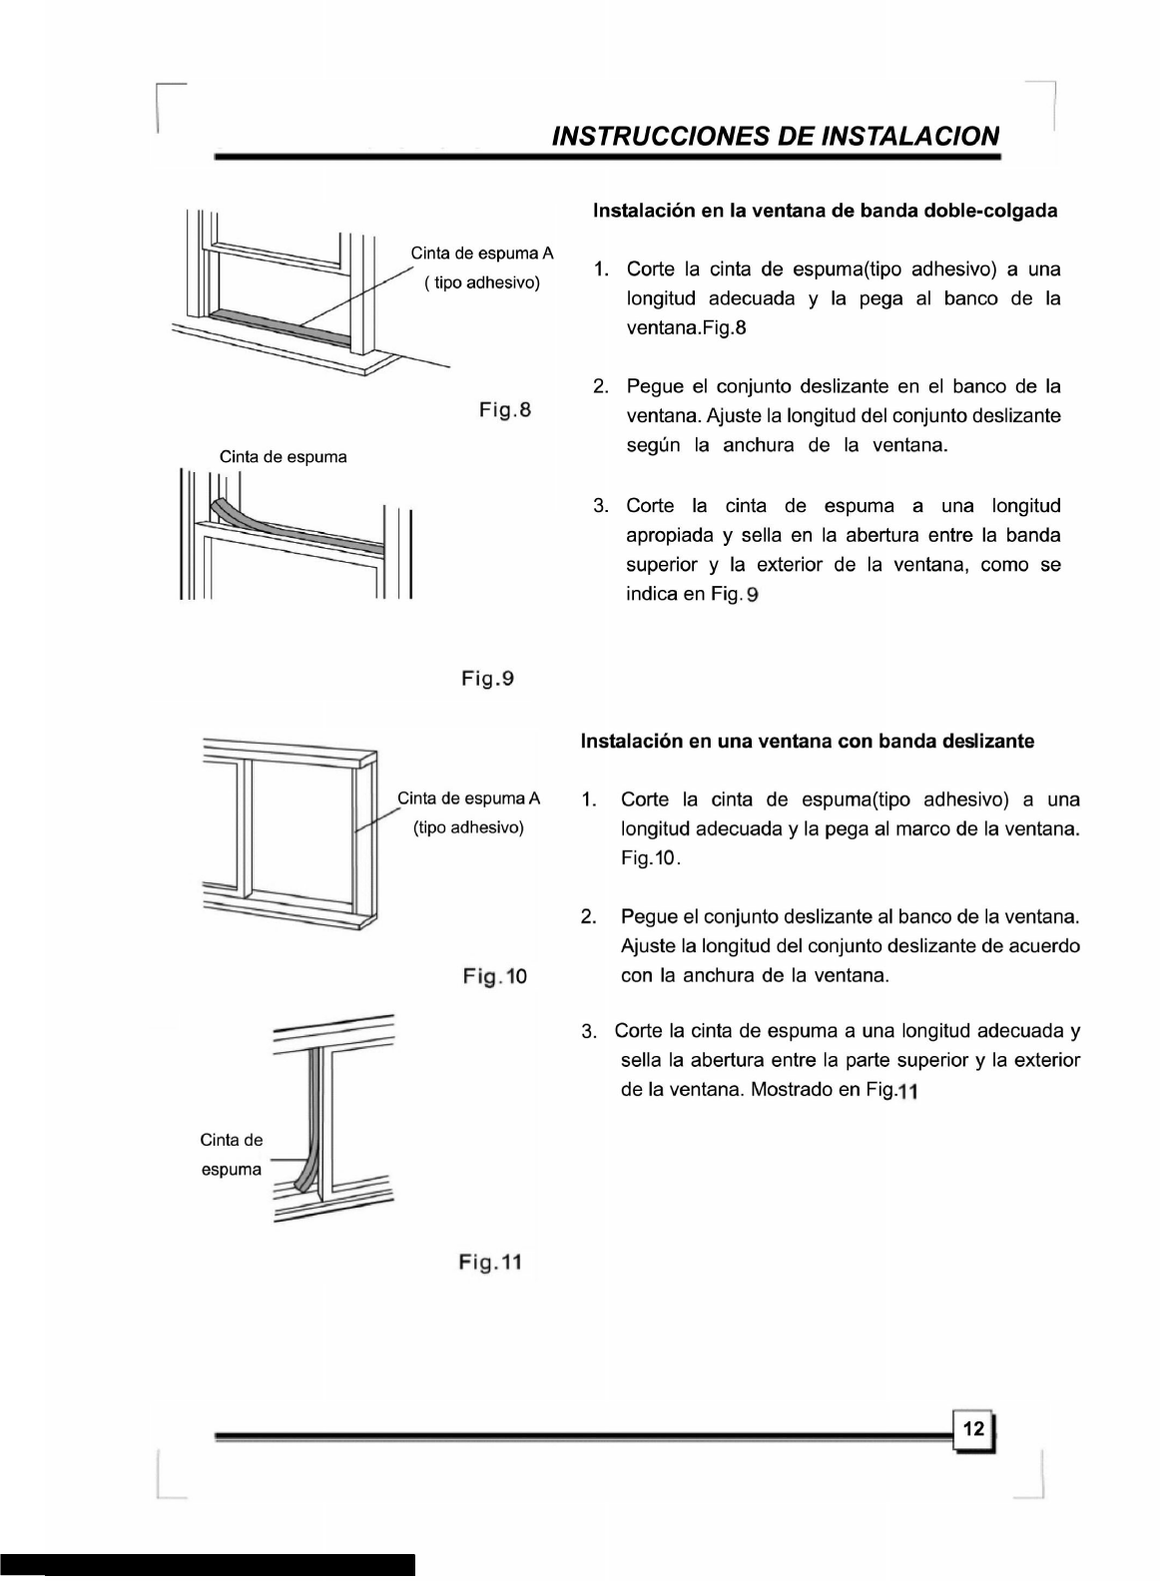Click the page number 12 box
click(974, 1429)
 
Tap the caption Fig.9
click(487, 679)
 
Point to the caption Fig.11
click(489, 1263)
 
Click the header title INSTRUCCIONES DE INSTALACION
click(775, 136)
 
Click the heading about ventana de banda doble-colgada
click(825, 212)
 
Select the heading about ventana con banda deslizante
click(807, 742)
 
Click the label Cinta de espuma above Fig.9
click(284, 457)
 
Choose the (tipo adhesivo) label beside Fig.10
click(468, 828)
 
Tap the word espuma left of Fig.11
click(232, 1169)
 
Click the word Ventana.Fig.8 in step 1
click(686, 327)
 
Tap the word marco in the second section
click(922, 829)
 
